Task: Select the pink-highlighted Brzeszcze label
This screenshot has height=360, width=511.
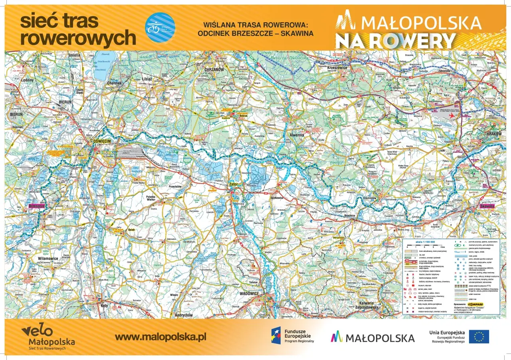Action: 36,206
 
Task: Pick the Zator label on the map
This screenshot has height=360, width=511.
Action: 233,185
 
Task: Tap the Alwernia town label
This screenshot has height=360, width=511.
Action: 297,135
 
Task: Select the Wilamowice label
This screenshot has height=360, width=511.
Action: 48,258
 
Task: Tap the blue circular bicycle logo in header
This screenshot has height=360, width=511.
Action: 160,28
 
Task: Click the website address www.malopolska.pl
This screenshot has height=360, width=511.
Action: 160,337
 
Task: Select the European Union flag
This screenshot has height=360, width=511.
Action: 479,336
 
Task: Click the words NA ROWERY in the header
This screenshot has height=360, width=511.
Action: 395,41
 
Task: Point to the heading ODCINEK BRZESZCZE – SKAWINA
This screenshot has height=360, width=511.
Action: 255,34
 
